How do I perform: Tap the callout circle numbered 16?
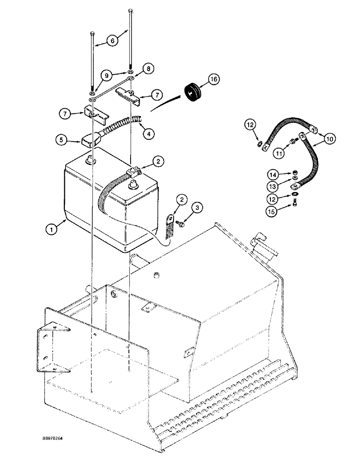214,80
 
